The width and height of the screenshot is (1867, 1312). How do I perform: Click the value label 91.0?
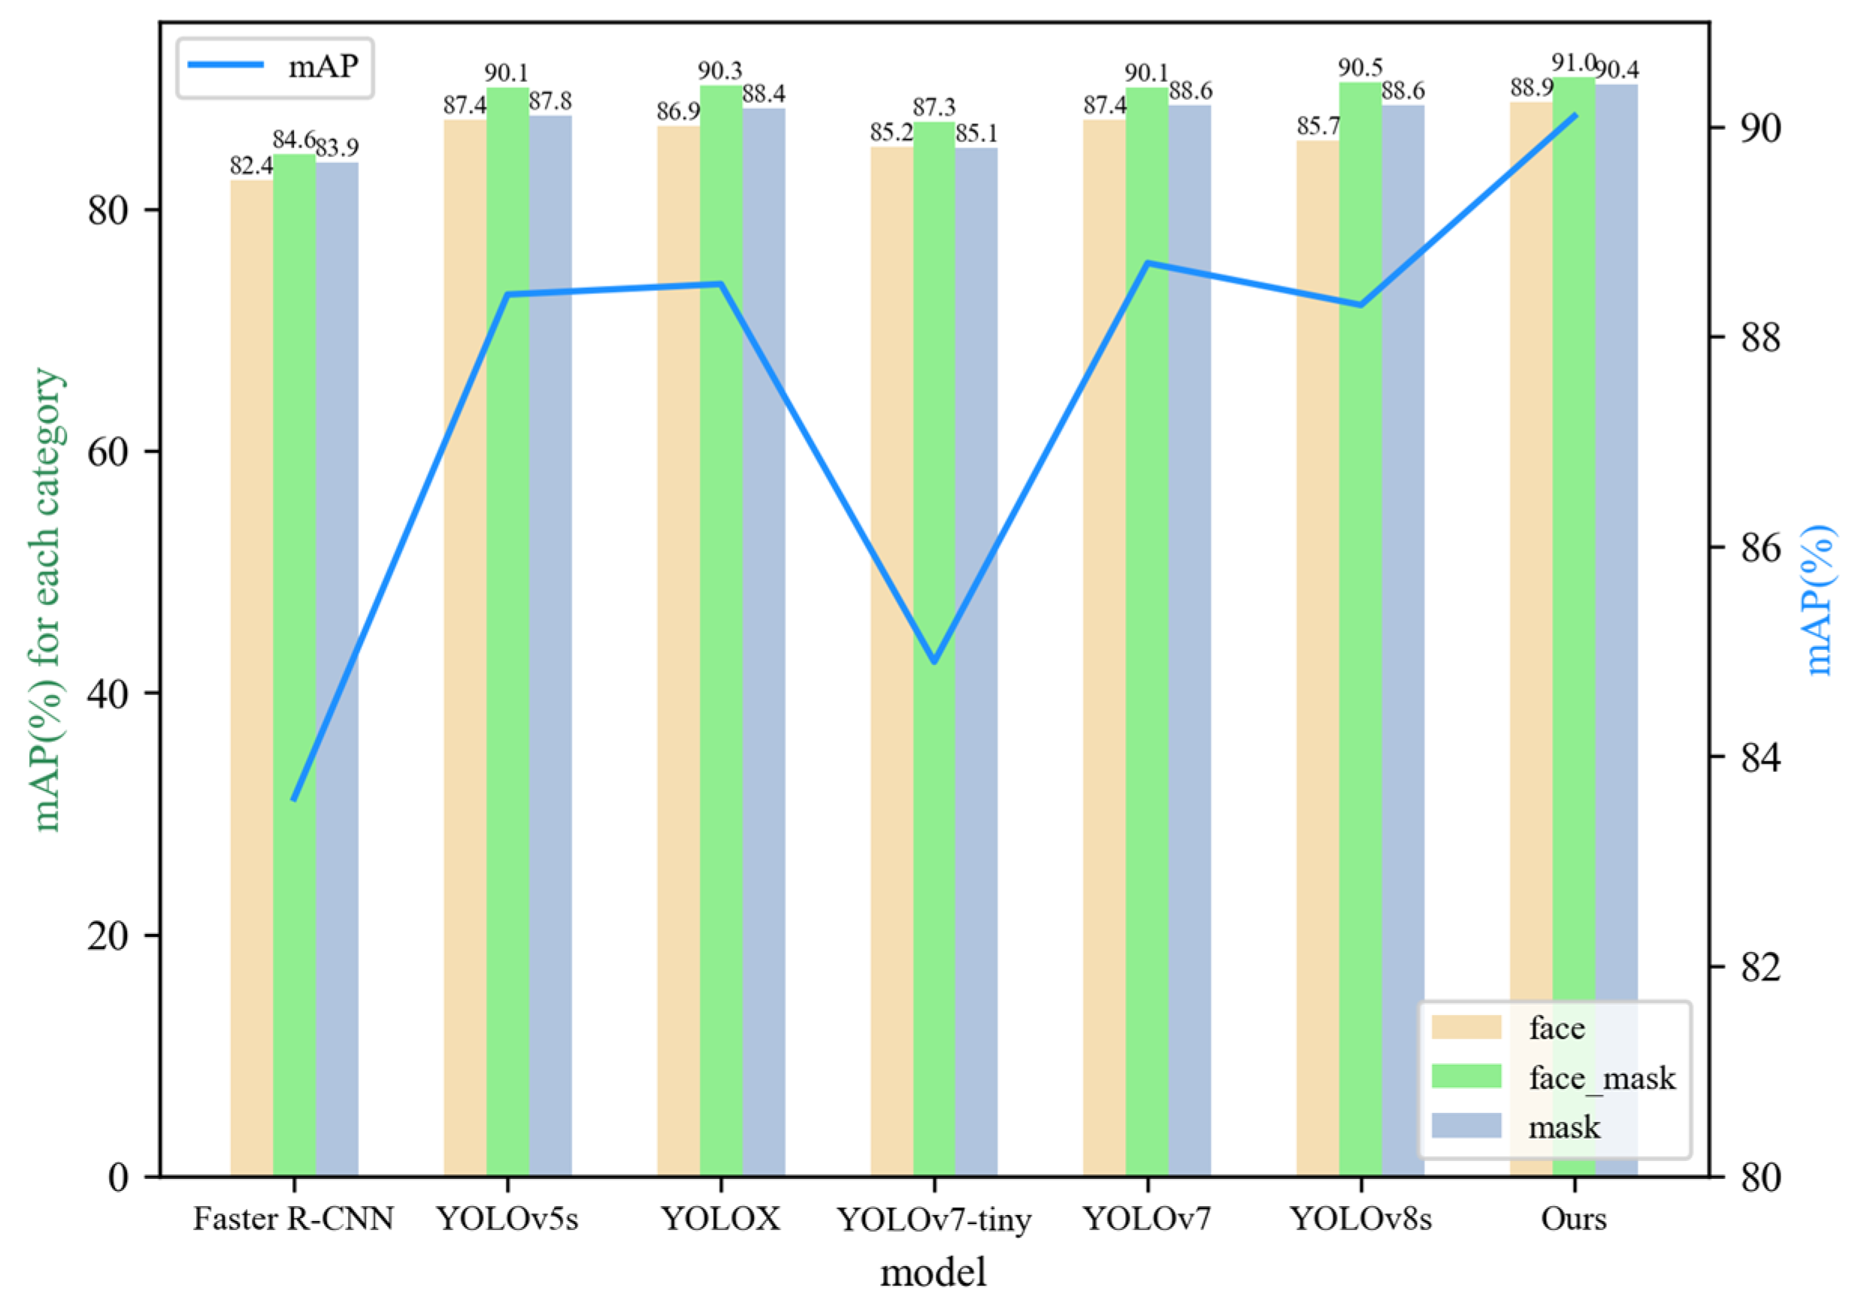[x=1572, y=62]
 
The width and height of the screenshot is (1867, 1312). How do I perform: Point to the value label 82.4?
[x=250, y=166]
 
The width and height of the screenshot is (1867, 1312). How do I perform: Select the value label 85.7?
[x=1318, y=126]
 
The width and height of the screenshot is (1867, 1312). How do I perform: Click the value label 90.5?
[x=1360, y=68]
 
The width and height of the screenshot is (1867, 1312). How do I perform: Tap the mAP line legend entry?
[x=274, y=67]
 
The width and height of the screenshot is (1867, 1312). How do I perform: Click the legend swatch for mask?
[x=1466, y=1126]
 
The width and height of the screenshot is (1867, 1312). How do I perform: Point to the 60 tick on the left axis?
[x=109, y=452]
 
